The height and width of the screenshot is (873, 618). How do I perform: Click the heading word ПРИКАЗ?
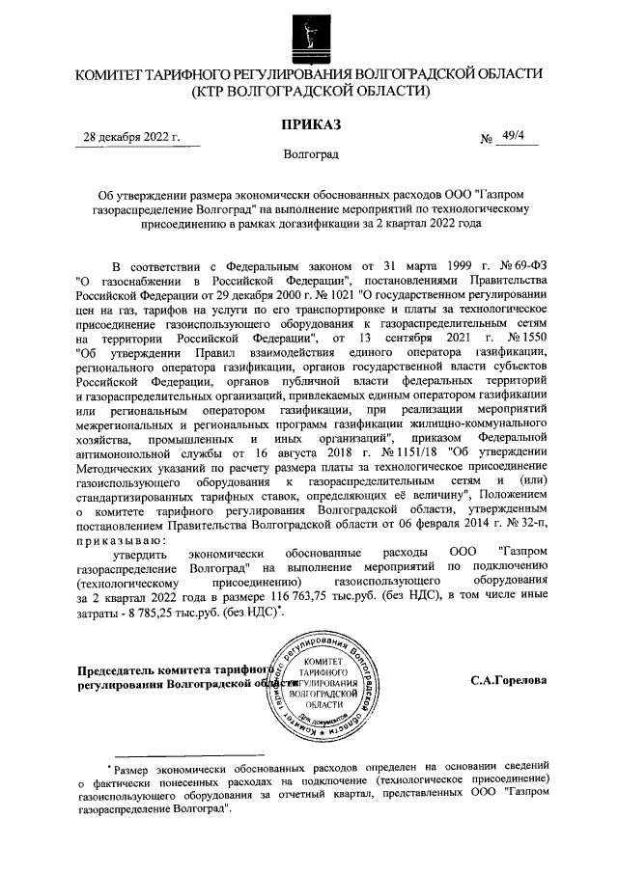(310, 123)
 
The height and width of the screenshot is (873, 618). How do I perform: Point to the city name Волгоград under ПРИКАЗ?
(310, 154)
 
